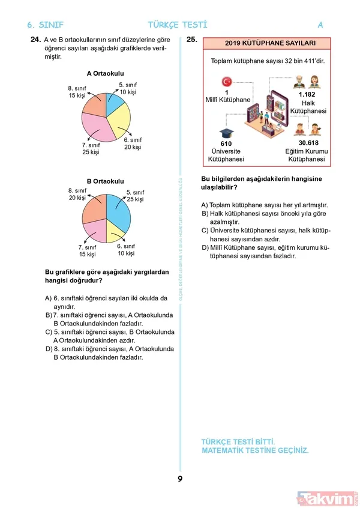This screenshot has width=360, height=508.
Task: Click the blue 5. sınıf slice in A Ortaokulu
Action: click(113, 103)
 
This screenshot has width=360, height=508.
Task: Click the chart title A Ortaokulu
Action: click(105, 74)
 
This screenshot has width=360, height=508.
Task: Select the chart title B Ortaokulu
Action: click(105, 181)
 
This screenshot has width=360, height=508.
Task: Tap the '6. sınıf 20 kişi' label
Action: click(133, 144)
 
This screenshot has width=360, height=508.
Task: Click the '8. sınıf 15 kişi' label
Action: click(77, 92)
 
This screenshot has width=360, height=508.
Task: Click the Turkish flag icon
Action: click(227, 82)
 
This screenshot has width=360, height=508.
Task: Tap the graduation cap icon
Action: click(226, 133)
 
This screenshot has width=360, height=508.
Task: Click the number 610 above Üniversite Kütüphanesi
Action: click(226, 144)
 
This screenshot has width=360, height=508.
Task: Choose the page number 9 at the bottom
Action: click(179, 479)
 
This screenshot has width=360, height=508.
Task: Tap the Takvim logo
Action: click(328, 498)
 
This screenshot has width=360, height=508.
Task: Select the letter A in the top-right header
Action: click(320, 25)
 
